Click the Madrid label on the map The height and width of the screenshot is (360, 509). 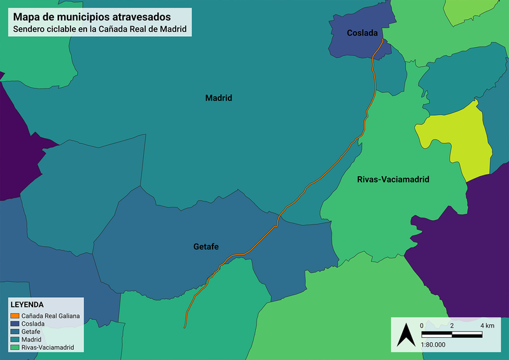point(218,99)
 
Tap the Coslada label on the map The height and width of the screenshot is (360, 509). point(362,33)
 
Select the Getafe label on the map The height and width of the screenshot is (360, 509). point(206,246)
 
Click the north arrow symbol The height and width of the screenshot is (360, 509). point(403,335)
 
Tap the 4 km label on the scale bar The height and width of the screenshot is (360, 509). point(487,326)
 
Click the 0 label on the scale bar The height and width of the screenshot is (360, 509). point(422,326)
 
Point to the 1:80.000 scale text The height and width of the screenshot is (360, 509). point(433,344)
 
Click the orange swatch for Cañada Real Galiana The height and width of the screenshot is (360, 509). point(15,315)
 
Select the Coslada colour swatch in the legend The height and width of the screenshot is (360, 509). point(15,324)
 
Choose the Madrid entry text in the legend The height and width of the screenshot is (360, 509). point(32,340)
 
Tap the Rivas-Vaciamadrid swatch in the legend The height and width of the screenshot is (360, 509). point(15,348)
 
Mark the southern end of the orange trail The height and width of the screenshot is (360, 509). point(185,328)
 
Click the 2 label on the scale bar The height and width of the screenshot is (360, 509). point(451,326)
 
